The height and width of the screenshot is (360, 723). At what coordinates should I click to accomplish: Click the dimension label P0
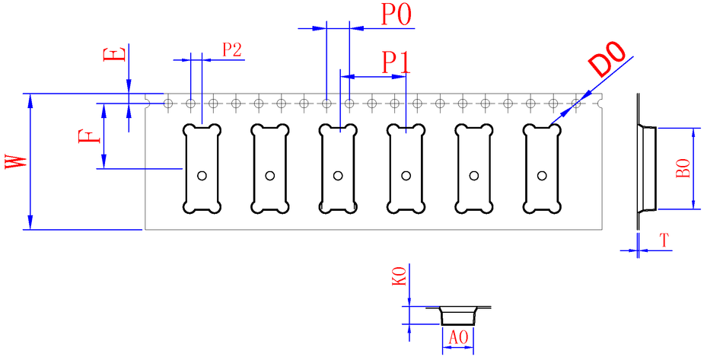396,15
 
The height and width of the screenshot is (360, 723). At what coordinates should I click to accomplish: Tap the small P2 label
232,49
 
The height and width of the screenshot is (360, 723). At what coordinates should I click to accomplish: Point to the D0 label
608,59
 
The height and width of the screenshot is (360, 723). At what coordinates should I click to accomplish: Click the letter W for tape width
15,161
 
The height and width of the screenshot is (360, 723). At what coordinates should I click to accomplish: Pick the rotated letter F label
89,136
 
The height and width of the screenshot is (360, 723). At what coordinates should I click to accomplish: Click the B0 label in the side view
683,168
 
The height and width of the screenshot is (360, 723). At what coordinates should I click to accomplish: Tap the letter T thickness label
664,241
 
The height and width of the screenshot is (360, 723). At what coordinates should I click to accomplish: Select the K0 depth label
400,276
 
